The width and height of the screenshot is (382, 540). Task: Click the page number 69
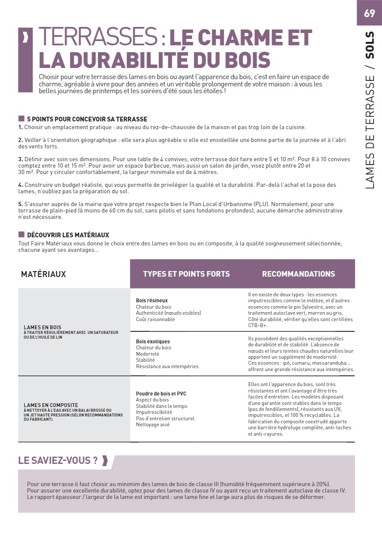point(369,13)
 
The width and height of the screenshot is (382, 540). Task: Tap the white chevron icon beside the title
point(25,38)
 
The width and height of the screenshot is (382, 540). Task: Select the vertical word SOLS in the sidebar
point(370,44)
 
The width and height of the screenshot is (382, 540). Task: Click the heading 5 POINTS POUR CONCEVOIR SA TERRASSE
point(87,119)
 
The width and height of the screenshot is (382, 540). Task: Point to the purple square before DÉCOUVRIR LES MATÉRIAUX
point(21,235)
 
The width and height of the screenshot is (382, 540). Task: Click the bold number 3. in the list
point(21,159)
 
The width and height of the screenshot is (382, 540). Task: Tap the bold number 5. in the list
point(21,204)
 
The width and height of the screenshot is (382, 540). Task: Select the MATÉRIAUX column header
point(43,274)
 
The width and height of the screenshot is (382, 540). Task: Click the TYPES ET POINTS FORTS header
point(186,274)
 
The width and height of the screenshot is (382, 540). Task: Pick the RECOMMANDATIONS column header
point(298,274)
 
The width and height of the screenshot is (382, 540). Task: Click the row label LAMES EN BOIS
point(42,328)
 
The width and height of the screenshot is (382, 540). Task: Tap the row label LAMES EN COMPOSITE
point(51,405)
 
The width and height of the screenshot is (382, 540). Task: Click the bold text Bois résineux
point(152,301)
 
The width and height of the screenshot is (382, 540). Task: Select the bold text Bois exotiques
point(153,342)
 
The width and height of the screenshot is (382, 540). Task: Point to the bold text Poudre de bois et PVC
point(161,394)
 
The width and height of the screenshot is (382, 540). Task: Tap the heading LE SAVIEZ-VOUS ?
point(58,460)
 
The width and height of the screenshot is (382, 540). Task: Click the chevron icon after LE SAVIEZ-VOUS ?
point(104,460)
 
